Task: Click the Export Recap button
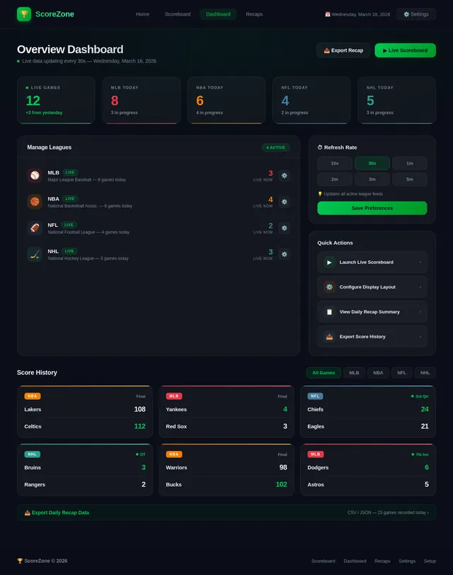point(343,50)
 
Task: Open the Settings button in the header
point(415,14)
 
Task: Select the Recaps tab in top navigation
point(254,14)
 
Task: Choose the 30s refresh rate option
point(372,163)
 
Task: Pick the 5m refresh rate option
point(409,179)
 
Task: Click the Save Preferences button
point(372,208)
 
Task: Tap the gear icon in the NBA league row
point(284,201)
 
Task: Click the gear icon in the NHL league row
point(284,254)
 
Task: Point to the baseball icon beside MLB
point(35,175)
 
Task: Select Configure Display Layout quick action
point(372,287)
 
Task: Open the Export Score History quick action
point(372,337)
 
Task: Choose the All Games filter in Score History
point(323,372)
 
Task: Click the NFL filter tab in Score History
point(401,372)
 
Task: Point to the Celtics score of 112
point(139,426)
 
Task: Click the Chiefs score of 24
point(424,409)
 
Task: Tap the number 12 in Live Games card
point(33,101)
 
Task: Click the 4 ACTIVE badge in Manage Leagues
point(276,147)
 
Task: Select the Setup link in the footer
point(430,561)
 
